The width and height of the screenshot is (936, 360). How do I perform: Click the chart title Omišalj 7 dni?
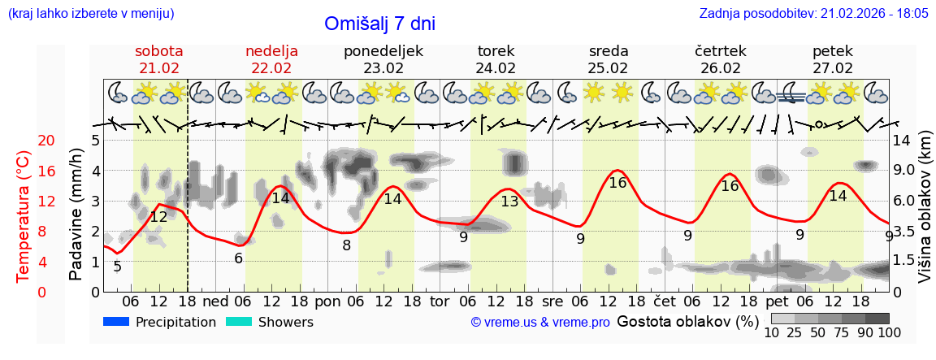[379, 24]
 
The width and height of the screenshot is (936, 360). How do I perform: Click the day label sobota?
[158, 51]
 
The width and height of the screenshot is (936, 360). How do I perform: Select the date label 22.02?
[271, 68]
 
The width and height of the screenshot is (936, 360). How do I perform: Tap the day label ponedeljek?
[383, 51]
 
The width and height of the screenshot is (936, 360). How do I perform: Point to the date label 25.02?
[609, 68]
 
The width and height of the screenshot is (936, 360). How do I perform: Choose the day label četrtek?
[721, 51]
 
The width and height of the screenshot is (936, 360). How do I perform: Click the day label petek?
[833, 51]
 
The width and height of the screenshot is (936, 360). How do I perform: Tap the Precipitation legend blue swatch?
[116, 322]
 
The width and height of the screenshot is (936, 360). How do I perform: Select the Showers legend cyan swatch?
[239, 322]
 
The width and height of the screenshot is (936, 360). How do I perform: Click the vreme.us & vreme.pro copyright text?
[540, 323]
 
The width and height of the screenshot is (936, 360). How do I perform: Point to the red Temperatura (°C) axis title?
[24, 216]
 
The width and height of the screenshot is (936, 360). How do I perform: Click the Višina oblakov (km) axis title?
[925, 216]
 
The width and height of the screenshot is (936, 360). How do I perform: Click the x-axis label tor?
[440, 301]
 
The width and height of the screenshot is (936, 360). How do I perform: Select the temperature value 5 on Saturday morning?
[117, 267]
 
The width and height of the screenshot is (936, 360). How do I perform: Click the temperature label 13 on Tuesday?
[509, 202]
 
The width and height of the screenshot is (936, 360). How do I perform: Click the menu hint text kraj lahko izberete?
[91, 14]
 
